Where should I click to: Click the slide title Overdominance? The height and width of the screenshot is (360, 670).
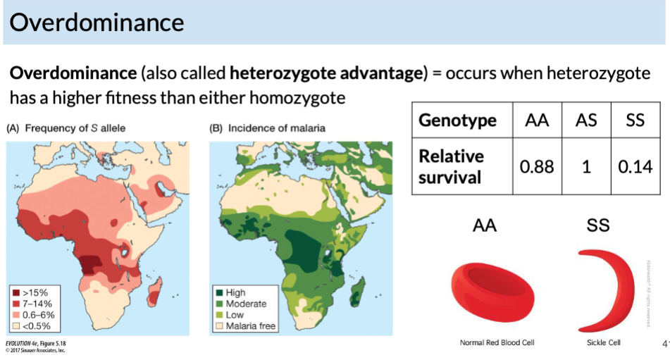pos(97,23)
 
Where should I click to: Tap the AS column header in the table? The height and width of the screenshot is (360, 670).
pos(586,120)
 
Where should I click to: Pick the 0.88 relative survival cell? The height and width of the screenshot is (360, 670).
pos(537,167)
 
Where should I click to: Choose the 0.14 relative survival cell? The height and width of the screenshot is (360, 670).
pos(635,167)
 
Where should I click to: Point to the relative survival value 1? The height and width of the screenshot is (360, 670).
pos(586,167)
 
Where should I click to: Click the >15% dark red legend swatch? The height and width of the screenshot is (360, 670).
pos(15,292)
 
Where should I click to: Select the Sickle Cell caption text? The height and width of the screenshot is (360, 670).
pos(604,342)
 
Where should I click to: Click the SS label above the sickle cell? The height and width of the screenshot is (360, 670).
pos(598,225)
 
